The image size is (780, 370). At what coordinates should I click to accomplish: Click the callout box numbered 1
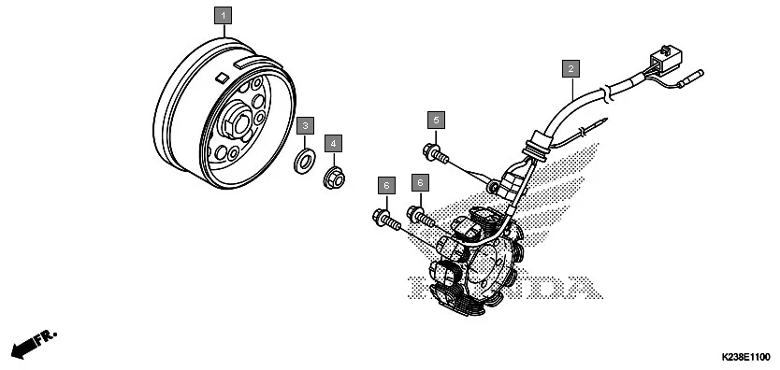(222, 15)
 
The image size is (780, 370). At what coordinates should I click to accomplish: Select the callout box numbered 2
(570, 67)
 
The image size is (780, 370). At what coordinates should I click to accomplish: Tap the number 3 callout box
(306, 125)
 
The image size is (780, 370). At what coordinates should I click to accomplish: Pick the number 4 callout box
(334, 143)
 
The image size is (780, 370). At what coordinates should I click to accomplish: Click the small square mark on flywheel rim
(222, 78)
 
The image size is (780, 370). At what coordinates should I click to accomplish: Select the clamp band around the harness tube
(607, 92)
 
